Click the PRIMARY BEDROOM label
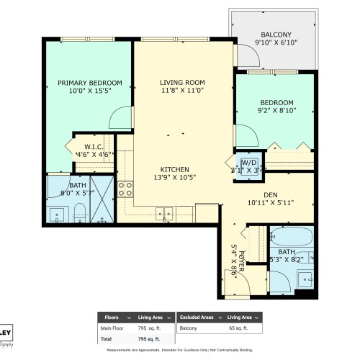[90, 83]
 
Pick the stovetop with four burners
[126, 189]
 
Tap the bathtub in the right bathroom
[292, 237]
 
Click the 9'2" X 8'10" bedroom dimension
[276, 112]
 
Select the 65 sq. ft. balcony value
[238, 328]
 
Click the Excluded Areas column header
[196, 317]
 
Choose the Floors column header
[112, 317]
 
